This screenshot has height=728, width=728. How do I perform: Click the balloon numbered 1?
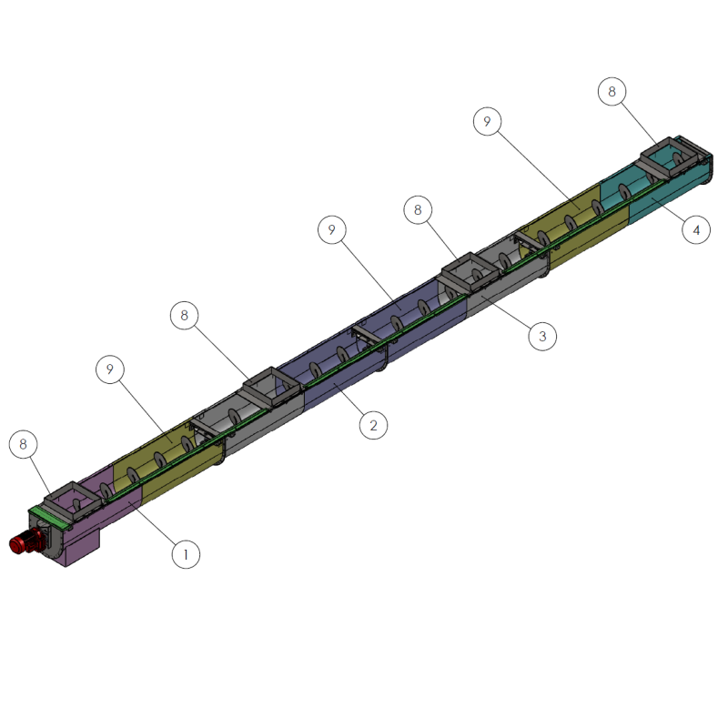[x=186, y=554]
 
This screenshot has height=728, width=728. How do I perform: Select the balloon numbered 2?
[x=373, y=425]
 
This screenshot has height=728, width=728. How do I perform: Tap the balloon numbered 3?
[x=542, y=336]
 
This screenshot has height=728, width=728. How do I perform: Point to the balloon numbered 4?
[x=696, y=230]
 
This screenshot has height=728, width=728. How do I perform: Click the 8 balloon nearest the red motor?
[x=24, y=444]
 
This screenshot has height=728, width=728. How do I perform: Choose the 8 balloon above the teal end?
[x=612, y=92]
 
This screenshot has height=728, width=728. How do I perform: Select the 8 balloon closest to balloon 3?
[x=418, y=210]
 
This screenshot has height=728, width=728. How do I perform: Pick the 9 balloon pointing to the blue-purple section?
[x=332, y=230]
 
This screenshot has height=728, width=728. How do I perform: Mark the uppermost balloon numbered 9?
[x=487, y=121]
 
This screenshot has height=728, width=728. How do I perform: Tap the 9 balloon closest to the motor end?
[x=110, y=369]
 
